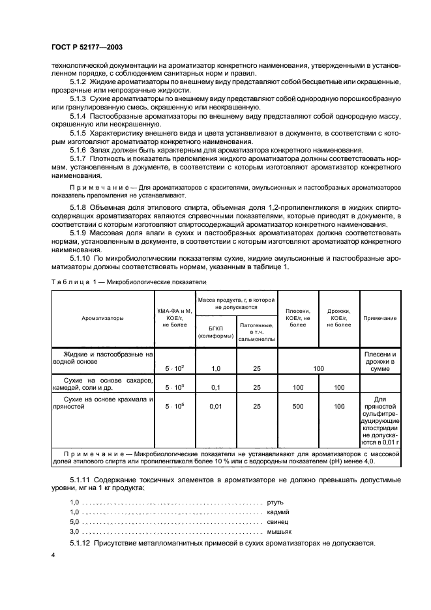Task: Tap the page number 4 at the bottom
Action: (54, 555)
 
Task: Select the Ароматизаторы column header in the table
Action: (103, 318)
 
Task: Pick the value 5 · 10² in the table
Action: (175, 369)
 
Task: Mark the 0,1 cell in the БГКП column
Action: (216, 387)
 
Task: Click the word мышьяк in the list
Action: (280, 531)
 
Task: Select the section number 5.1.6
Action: (80, 149)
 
